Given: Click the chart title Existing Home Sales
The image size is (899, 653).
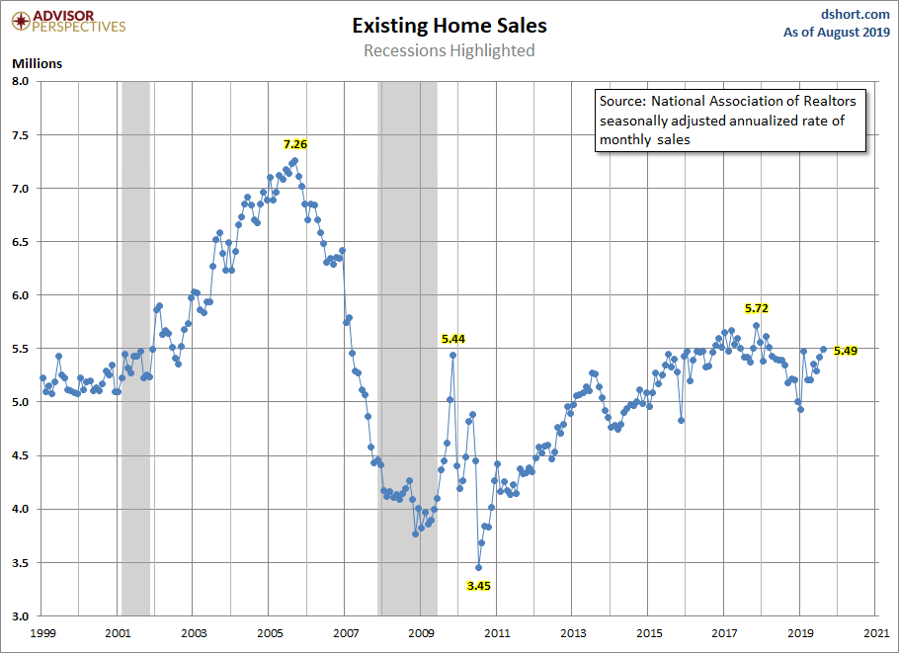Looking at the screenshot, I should pos(449,26).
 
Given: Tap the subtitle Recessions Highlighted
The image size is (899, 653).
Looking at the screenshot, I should pos(449,50).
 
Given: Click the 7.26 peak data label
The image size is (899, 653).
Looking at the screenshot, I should pos(295,144).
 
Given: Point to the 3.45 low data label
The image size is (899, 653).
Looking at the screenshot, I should pos(479,585).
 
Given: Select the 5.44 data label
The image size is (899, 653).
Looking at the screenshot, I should pos(452,338).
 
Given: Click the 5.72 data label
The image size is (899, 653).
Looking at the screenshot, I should pos(756,308).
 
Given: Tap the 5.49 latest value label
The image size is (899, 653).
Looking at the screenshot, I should pos(846,350).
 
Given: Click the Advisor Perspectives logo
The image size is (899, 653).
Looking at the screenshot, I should pos(69,21).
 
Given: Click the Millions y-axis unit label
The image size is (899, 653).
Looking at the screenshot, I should pos(37,63).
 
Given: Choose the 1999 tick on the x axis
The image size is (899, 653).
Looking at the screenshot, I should pos(42,631).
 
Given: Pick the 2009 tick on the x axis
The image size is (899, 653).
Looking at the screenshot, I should pos(421,631).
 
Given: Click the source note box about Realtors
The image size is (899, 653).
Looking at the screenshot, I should pos(728,121).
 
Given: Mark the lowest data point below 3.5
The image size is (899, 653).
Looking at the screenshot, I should pos(478,567).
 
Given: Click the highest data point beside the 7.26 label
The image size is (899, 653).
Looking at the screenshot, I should pos(294,160).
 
